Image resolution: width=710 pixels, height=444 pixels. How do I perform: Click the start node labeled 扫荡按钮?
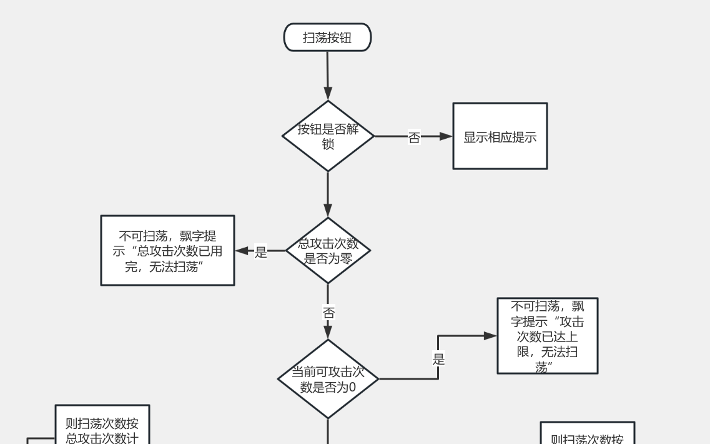[x=327, y=38]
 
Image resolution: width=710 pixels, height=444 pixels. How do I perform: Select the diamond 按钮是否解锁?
[x=328, y=136]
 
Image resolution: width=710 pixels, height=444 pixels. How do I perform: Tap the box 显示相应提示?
[x=500, y=136]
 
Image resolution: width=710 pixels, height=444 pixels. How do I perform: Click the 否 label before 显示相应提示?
[x=414, y=138]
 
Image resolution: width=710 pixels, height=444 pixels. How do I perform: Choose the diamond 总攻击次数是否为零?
[x=328, y=251]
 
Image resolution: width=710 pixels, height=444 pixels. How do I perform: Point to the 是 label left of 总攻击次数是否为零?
[x=261, y=252]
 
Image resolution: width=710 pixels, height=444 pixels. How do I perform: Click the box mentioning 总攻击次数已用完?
[x=167, y=251]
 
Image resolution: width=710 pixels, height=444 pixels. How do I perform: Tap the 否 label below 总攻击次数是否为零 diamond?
[x=328, y=312]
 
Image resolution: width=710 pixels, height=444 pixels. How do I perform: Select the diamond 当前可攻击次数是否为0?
[x=328, y=379]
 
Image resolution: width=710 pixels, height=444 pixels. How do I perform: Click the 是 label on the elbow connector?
[x=438, y=360]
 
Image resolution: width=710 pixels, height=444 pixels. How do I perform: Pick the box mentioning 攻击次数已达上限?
[x=547, y=336]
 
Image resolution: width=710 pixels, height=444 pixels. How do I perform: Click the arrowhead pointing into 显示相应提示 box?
[x=446, y=136]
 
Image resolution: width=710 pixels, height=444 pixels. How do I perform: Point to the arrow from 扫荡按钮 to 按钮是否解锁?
[x=327, y=75]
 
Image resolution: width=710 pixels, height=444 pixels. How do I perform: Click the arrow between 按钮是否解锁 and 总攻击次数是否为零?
[x=328, y=194]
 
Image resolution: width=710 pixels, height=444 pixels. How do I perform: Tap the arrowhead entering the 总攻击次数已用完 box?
[x=242, y=251]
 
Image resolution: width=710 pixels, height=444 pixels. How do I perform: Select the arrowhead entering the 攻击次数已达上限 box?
[x=490, y=336]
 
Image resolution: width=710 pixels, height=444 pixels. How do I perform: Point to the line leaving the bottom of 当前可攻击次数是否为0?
[x=328, y=431]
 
